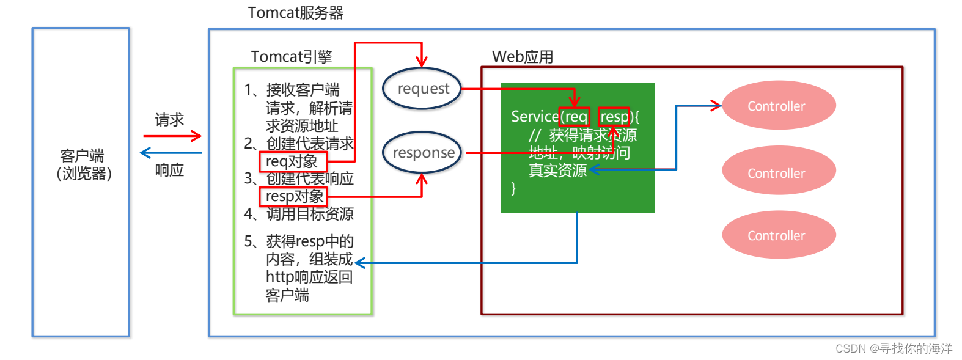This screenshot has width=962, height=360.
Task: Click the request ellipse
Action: point(422,89)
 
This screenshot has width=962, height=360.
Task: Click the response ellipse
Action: point(422,152)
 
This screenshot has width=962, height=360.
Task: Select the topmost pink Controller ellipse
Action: point(778,106)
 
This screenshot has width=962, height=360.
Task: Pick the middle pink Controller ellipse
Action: point(778,171)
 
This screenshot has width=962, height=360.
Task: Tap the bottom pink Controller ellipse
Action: point(778,235)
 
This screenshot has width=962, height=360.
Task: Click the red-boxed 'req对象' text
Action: point(293,161)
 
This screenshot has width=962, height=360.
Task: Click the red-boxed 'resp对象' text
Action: point(293,196)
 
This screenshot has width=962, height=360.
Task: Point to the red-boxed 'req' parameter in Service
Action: point(575,116)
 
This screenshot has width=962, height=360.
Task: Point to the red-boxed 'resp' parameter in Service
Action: point(614,116)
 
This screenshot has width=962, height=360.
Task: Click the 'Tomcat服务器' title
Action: point(295,13)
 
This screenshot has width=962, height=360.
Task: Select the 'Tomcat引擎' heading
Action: point(292,57)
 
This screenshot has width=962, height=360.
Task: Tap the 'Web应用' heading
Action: point(523,57)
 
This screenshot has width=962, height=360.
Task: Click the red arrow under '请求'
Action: point(172,136)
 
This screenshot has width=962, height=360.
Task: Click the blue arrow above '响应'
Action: point(171,153)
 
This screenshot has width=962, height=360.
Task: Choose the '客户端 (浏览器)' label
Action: point(83,164)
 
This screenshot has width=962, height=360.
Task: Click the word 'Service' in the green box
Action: point(534,116)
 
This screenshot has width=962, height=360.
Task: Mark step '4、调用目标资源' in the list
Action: point(299,214)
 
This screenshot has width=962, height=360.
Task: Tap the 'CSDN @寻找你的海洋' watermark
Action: point(893,348)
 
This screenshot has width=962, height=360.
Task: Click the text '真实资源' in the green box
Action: point(557,170)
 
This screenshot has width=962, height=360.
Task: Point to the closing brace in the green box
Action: point(513,188)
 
